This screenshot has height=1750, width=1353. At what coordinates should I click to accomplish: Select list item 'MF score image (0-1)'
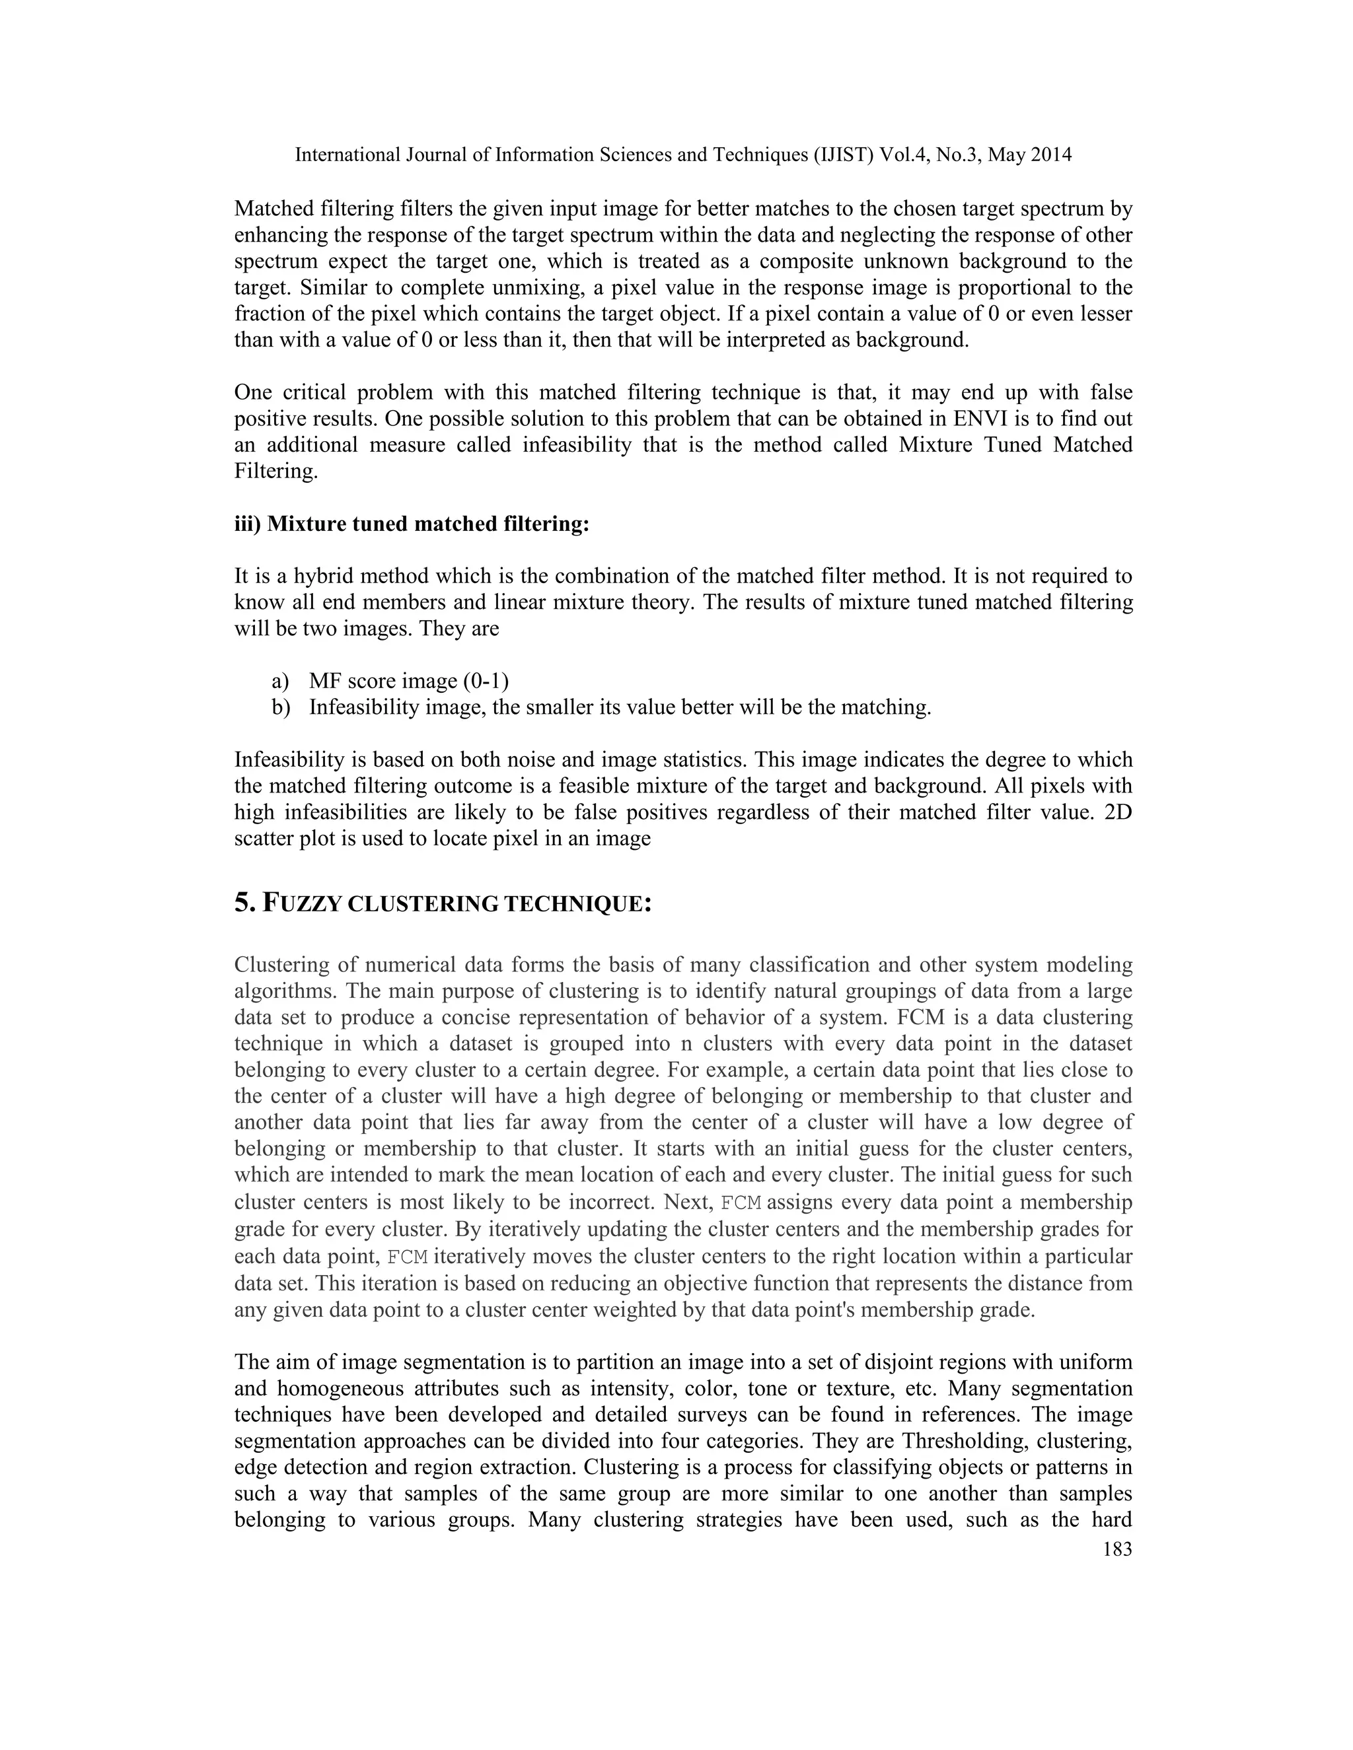tap(409, 681)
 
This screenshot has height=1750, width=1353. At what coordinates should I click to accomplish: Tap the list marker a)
tap(279, 681)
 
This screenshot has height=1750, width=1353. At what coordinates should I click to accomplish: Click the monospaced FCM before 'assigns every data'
tap(741, 1202)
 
